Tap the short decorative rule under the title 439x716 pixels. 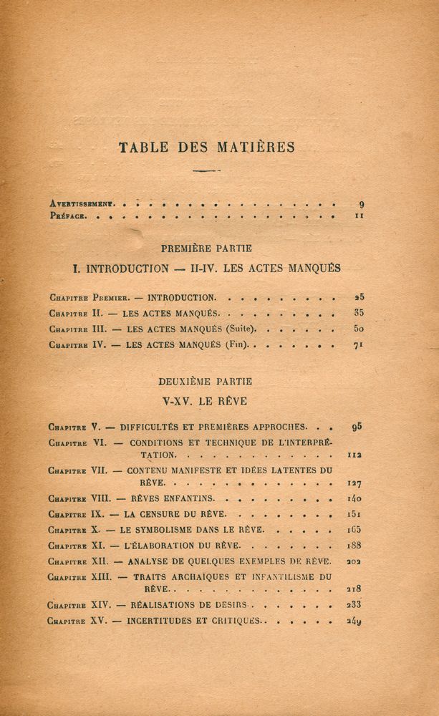click(x=206, y=171)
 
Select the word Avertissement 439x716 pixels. click(x=84, y=203)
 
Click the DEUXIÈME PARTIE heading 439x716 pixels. click(x=206, y=381)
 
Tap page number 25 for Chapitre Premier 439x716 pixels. click(x=359, y=296)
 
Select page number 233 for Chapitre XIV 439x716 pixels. click(x=354, y=605)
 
